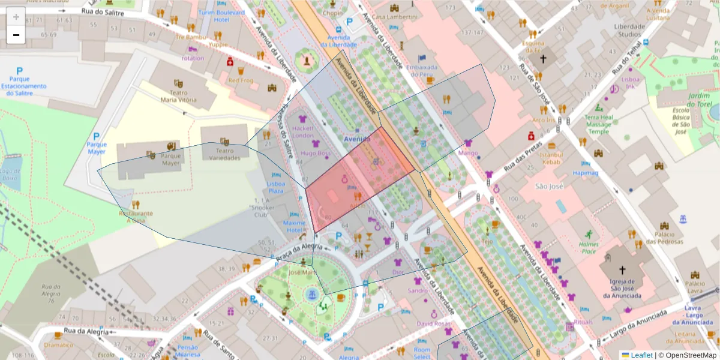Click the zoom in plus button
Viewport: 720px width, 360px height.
tap(16, 17)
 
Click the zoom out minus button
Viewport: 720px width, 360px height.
tap(16, 35)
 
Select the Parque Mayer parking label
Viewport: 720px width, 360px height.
tap(96, 148)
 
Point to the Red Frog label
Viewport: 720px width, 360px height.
tap(240, 80)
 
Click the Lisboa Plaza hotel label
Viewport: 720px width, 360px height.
tap(275, 187)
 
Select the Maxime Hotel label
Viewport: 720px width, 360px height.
tap(294, 226)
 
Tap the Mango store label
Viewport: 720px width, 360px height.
tap(468, 153)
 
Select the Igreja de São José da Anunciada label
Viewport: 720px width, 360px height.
tap(622, 288)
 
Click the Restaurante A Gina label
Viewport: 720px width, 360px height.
tap(136, 217)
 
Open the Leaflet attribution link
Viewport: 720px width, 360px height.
tap(641, 355)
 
